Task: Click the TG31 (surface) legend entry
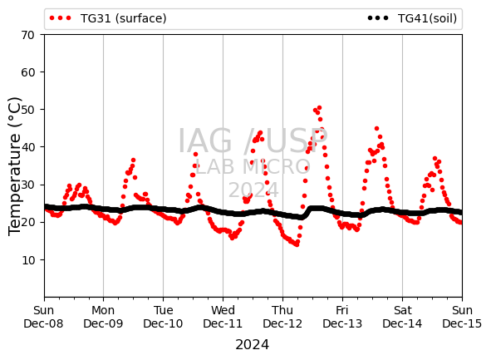[108, 18]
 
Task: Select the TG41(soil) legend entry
[412, 18]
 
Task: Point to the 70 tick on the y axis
[27, 35]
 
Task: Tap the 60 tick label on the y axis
[27, 72]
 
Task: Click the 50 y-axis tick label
[27, 110]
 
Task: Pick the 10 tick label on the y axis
[27, 260]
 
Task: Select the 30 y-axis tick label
[27, 185]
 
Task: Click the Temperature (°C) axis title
[14, 166]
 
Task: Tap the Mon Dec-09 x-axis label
[103, 317]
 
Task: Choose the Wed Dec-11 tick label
[223, 317]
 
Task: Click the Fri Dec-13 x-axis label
[342, 317]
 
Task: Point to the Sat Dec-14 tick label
[402, 317]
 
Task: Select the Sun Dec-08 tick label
[43, 317]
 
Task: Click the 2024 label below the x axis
[252, 345]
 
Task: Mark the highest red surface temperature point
[319, 108]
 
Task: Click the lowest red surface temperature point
[297, 244]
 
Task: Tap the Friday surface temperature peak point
[376, 129]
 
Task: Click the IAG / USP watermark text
[253, 141]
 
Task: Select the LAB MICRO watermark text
[253, 166]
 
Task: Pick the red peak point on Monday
[133, 160]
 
